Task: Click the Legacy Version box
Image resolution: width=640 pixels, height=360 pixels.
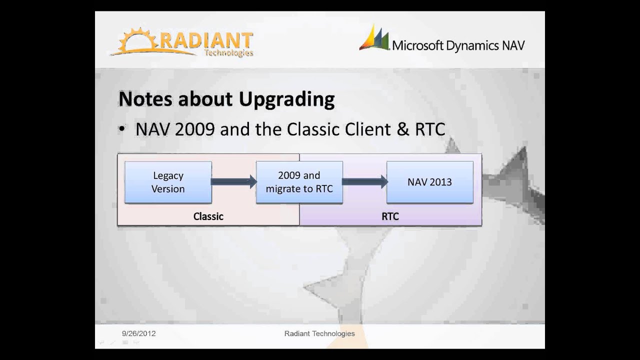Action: pyautogui.click(x=168, y=182)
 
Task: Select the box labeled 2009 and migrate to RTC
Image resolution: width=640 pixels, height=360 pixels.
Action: pyautogui.click(x=299, y=182)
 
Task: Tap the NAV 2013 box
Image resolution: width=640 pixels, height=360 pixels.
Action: pyautogui.click(x=429, y=182)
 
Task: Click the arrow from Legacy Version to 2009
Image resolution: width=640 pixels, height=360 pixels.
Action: pyautogui.click(x=233, y=182)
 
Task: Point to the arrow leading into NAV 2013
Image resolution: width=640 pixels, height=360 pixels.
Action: pyautogui.click(x=364, y=182)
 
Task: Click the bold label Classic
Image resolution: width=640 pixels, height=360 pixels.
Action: pyautogui.click(x=208, y=216)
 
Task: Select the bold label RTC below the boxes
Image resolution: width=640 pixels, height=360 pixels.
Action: pyautogui.click(x=390, y=216)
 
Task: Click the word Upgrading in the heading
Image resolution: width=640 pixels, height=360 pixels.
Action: pyautogui.click(x=286, y=99)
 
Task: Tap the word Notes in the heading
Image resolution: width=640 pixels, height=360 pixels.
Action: pyautogui.click(x=145, y=99)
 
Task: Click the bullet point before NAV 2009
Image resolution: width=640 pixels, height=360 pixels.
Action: pyautogui.click(x=121, y=129)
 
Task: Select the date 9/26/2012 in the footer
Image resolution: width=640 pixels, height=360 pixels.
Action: pyautogui.click(x=138, y=333)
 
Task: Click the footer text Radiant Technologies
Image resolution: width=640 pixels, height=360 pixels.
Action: pyautogui.click(x=319, y=333)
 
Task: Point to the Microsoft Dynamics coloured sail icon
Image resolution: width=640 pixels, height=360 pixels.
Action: pyautogui.click(x=374, y=38)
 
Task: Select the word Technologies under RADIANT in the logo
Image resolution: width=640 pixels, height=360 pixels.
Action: pyautogui.click(x=228, y=53)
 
